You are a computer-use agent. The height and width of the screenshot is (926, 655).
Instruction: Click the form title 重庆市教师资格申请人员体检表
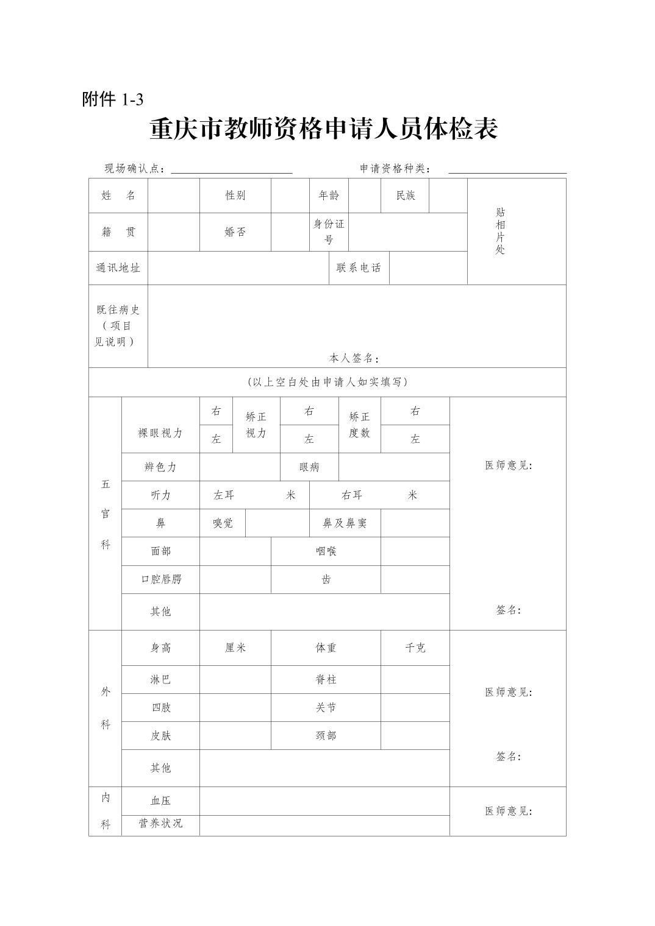click(x=324, y=129)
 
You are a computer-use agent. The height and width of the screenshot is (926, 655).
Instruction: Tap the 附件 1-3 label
click(x=113, y=99)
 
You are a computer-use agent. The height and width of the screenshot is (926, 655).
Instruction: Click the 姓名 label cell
click(x=118, y=196)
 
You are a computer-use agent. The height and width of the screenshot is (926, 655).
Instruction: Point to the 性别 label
click(x=235, y=196)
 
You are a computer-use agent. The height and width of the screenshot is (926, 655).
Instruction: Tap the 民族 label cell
click(x=406, y=196)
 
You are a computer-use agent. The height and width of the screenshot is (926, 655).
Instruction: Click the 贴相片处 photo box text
click(x=500, y=231)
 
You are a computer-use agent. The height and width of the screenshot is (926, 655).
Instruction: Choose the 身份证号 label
click(x=329, y=231)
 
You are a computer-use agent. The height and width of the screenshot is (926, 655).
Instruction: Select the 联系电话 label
click(x=359, y=268)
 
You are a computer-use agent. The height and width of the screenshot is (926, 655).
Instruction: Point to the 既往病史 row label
click(x=118, y=326)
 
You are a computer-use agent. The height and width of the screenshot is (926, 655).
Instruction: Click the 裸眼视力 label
click(x=160, y=433)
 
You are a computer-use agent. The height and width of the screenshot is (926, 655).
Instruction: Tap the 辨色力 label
click(x=160, y=467)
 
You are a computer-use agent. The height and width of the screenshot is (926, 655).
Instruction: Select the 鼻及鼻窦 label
click(x=345, y=523)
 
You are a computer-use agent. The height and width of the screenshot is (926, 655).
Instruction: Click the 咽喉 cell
click(x=326, y=551)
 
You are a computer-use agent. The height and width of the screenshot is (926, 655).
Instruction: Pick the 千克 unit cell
click(x=415, y=648)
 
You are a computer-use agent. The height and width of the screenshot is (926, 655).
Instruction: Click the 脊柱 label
click(x=326, y=680)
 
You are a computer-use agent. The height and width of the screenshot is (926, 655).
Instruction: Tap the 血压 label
click(x=160, y=801)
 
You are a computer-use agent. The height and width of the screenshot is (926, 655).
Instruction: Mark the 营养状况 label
click(x=160, y=824)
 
